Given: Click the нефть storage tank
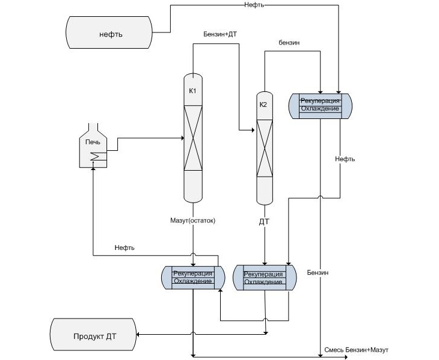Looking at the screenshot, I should tap(111, 34).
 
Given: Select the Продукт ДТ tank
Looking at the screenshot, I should tap(94, 336).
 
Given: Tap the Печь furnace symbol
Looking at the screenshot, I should tap(93, 147).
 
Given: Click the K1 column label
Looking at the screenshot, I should tap(192, 91).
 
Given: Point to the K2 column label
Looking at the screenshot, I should tap(263, 105).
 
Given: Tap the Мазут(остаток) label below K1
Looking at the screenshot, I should tap(192, 221).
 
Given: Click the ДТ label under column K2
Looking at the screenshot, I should tap(264, 221).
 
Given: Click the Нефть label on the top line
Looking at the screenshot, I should tap(254, 5).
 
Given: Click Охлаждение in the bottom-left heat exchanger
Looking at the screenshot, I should tap(192, 281).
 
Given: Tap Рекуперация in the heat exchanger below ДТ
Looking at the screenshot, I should tap(263, 274).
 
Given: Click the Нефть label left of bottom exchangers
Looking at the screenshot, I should tap(124, 248).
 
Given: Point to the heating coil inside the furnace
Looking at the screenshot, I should tap(95, 157).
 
